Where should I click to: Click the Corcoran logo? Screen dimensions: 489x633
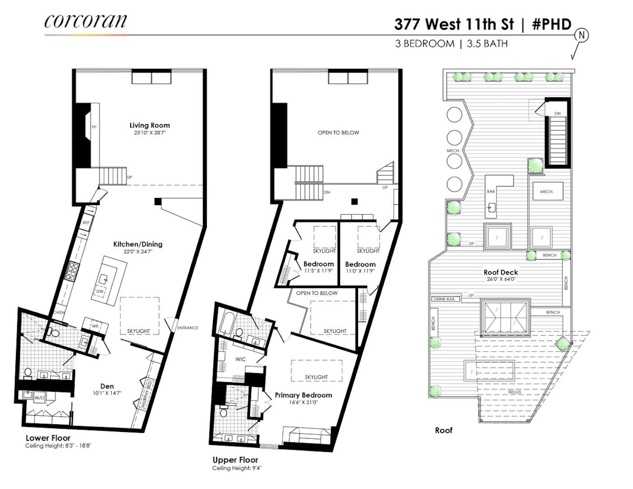[85, 21]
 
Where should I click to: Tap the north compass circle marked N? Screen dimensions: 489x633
[581, 36]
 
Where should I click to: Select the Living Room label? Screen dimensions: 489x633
[150, 125]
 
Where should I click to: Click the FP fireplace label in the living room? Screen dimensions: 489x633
[94, 127]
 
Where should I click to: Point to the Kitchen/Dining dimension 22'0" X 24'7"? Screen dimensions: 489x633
[137, 251]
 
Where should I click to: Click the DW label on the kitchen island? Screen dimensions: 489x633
[99, 292]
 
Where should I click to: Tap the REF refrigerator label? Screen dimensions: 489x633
[86, 222]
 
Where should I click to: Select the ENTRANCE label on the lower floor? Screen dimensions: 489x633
[188, 328]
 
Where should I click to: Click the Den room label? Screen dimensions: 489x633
[107, 386]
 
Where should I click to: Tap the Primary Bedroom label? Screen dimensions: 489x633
[303, 395]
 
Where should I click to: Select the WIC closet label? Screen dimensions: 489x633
[241, 359]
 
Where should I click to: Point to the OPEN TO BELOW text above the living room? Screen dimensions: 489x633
[338, 133]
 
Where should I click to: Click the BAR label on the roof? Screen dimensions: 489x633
[491, 192]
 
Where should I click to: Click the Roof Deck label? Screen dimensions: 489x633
[501, 272]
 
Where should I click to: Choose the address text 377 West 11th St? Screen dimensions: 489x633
[454, 24]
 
